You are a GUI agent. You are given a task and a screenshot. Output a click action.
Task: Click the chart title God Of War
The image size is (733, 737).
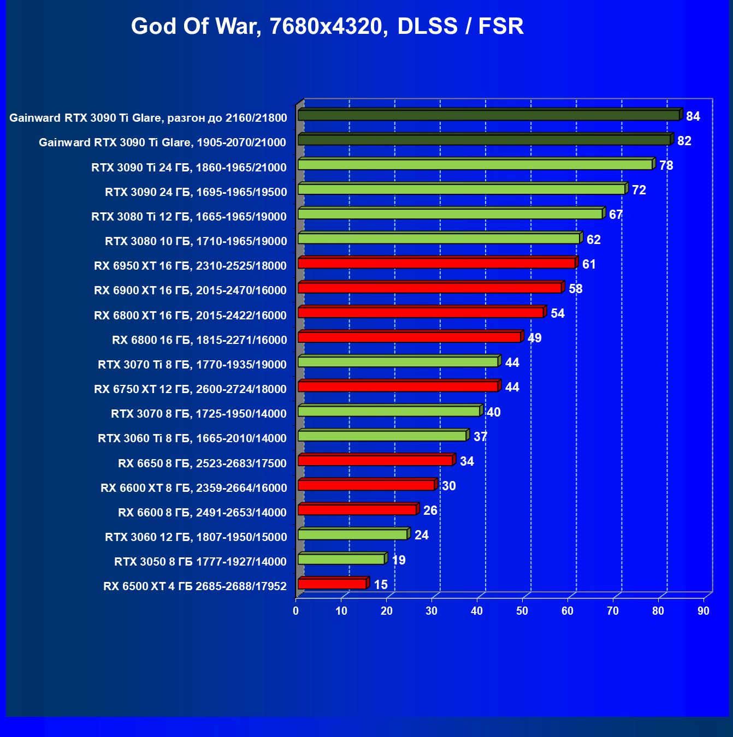tap(327, 26)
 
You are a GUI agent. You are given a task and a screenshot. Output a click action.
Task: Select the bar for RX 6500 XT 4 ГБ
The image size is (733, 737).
tap(332, 584)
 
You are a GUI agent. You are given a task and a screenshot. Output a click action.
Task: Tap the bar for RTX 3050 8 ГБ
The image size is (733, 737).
tap(341, 559)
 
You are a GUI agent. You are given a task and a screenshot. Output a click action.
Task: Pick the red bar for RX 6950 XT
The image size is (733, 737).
tap(436, 263)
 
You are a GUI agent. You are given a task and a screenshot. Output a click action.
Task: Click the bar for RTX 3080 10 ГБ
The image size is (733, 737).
tap(439, 239)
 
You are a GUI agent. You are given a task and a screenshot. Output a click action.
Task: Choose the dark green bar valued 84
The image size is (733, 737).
tap(488, 115)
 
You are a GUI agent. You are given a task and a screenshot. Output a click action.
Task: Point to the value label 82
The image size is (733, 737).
tap(684, 141)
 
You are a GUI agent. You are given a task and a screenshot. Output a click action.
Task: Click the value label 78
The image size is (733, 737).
tap(666, 165)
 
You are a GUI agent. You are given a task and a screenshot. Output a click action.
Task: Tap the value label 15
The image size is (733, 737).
tap(380, 585)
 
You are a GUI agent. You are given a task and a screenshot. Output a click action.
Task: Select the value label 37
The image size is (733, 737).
tap(480, 437)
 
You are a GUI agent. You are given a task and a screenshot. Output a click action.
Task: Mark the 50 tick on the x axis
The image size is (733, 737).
tap(522, 611)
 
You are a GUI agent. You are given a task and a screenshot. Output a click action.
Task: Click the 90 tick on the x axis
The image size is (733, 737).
tap(703, 611)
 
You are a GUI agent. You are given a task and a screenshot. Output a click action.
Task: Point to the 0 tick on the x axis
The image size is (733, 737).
tap(296, 611)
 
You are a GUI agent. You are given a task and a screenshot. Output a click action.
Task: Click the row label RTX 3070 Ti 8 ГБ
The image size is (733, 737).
tap(192, 365)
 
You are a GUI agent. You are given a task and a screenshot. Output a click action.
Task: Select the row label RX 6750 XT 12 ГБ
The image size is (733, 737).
tap(190, 389)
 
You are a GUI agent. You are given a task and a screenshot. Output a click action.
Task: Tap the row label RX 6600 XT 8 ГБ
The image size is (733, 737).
tap(193, 488)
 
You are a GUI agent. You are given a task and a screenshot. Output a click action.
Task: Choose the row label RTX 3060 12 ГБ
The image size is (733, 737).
tap(196, 537)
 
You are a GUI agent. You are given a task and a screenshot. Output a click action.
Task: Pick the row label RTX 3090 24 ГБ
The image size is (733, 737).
tap(196, 192)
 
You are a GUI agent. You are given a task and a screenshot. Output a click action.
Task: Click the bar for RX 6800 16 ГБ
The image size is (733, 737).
tap(409, 337)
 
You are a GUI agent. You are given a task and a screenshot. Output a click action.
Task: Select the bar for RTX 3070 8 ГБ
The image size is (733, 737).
tap(389, 411)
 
